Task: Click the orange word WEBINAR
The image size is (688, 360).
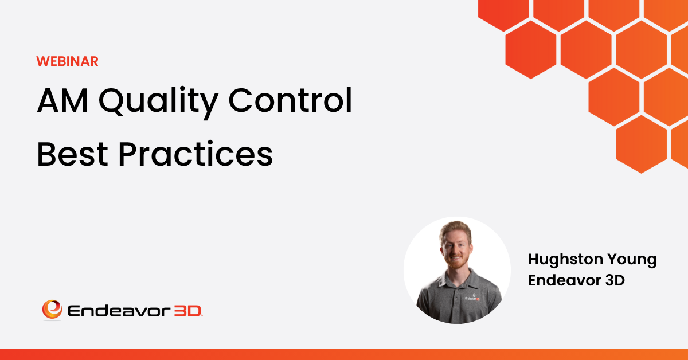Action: pyautogui.click(x=67, y=61)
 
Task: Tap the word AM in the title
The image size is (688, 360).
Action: pyautogui.click(x=62, y=100)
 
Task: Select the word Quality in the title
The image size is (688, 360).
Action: pyautogui.click(x=158, y=103)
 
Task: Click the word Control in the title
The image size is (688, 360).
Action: pyautogui.click(x=290, y=100)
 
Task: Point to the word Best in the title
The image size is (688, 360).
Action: pyautogui.click(x=72, y=154)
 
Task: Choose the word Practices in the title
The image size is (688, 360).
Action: pyautogui.click(x=196, y=153)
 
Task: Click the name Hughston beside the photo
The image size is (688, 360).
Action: pyautogui.click(x=564, y=260)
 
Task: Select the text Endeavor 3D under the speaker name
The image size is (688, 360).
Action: pyautogui.click(x=576, y=280)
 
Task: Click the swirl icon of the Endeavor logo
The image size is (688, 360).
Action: pyautogui.click(x=52, y=310)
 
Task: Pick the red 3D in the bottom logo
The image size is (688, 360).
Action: pyautogui.click(x=188, y=311)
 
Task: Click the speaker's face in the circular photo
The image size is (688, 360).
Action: pyautogui.click(x=456, y=249)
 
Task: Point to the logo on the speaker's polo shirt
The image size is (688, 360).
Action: pyautogui.click(x=472, y=297)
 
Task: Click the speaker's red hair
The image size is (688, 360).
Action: pyautogui.click(x=455, y=229)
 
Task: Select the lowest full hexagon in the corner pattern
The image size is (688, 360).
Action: pyautogui.click(x=642, y=144)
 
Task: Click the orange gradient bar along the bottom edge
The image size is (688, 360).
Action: pyautogui.click(x=344, y=354)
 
